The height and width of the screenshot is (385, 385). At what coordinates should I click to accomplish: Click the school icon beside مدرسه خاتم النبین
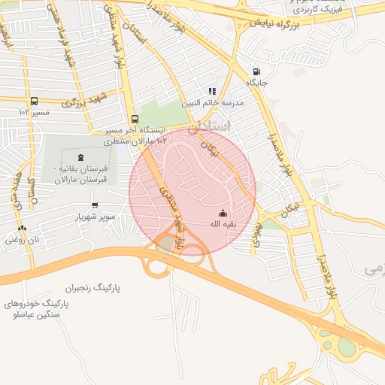pos(212,91)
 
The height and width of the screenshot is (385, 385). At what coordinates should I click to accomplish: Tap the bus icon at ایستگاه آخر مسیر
pos(134,119)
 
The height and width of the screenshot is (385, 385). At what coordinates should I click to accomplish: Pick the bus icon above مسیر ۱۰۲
pos(34,101)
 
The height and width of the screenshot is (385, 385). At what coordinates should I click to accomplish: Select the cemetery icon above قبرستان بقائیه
pos(80,141)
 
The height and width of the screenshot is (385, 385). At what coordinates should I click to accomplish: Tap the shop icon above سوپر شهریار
pos(94,205)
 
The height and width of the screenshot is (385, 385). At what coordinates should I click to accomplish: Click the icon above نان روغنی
pos(21,228)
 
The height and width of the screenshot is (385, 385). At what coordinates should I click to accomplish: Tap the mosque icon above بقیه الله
pos(222,213)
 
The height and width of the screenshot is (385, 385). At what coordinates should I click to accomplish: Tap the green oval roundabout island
pos(347,347)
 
